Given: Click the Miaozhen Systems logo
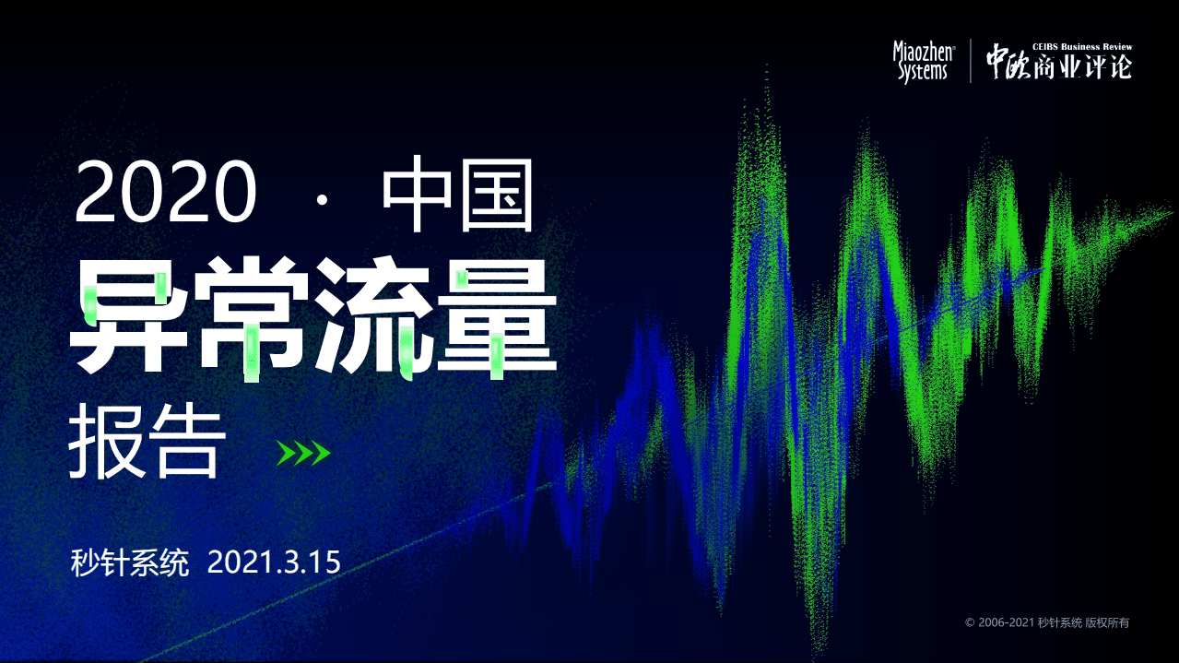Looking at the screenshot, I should point(923,62).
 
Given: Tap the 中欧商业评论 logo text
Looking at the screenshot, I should point(1058,65).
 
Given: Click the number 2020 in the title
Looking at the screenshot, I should point(166,193).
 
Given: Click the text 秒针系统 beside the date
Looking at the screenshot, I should point(129,562).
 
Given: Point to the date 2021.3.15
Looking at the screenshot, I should point(274,562).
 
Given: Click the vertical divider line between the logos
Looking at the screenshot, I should point(970,62).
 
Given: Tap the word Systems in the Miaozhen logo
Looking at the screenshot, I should point(923,73).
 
